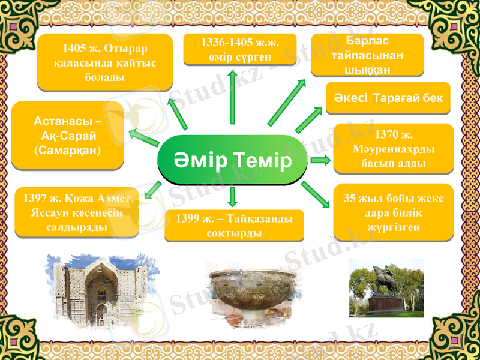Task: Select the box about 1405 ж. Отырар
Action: (x=105, y=62)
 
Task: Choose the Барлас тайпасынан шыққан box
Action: (x=367, y=55)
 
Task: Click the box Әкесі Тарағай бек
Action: (x=388, y=98)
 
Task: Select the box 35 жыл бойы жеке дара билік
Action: (x=393, y=212)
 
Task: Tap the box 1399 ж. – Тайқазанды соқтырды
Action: (x=234, y=226)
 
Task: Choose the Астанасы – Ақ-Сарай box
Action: (x=68, y=135)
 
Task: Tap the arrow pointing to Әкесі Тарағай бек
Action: (x=309, y=120)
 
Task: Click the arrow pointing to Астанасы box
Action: (x=144, y=137)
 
